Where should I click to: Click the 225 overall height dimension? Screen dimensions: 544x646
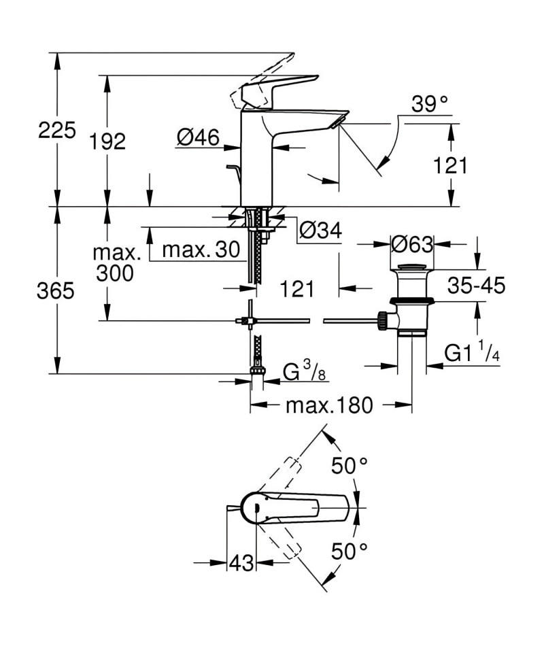tap(57, 130)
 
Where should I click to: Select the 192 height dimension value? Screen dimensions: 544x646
tap(107, 141)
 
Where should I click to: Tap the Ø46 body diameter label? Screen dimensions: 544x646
tap(199, 137)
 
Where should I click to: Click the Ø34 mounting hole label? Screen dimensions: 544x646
tap(321, 230)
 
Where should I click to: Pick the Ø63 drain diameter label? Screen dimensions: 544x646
tap(412, 244)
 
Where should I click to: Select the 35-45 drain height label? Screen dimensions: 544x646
tap(477, 285)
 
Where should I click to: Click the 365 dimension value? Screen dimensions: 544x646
tap(56, 291)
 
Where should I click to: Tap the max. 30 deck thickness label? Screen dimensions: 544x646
tap(201, 250)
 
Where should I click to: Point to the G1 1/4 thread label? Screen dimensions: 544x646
tap(473, 352)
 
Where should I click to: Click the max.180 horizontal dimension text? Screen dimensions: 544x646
tap(329, 405)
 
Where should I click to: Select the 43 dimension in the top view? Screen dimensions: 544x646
tap(241, 562)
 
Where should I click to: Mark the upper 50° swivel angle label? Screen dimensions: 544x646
tap(350, 466)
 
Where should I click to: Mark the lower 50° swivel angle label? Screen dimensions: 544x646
tap(350, 551)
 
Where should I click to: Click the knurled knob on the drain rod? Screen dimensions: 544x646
tap(382, 320)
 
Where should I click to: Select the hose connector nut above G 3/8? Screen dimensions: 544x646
tap(256, 368)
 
